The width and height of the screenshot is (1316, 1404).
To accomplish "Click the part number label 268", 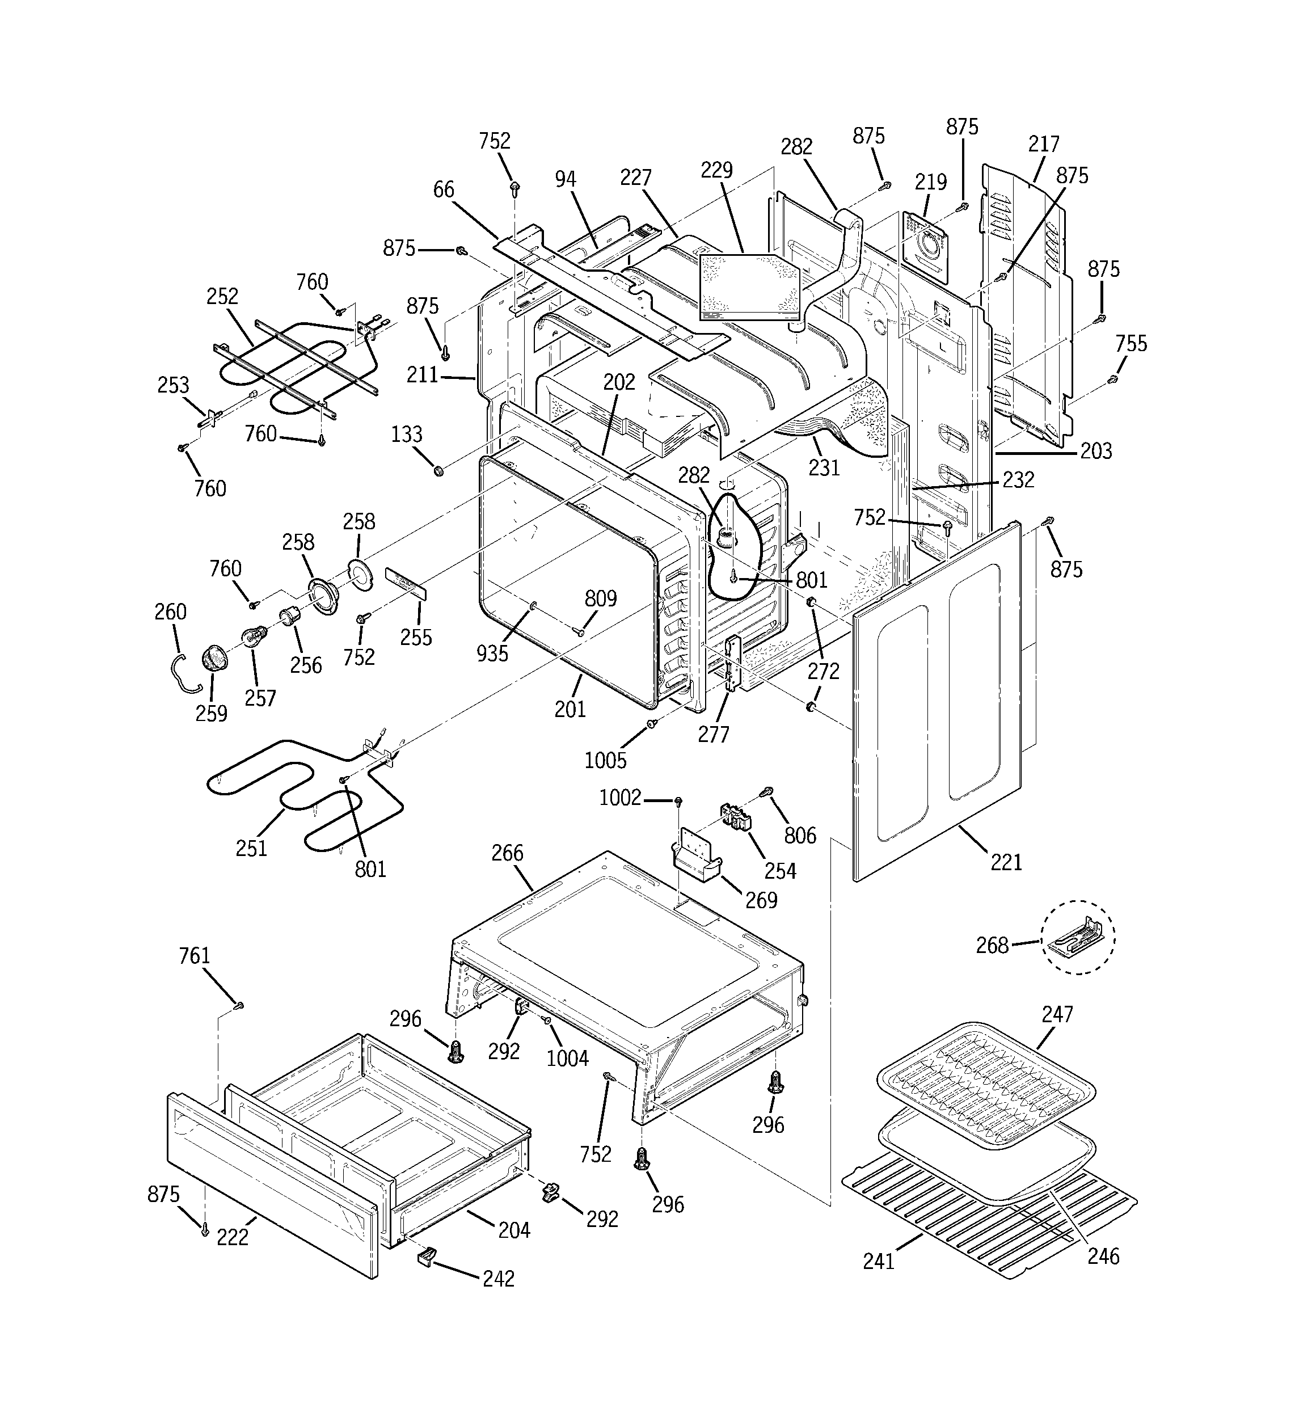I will tap(992, 945).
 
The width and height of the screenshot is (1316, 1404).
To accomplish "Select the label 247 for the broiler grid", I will tap(1057, 1014).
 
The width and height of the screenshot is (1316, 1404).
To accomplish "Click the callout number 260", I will tap(170, 612).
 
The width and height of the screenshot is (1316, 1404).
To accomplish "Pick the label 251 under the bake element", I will tap(251, 848).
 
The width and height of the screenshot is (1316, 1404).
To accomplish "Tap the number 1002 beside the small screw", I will tap(619, 798).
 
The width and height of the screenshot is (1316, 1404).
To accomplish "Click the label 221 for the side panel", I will tap(1006, 862).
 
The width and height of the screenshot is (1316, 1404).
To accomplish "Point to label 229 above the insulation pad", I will tap(716, 170).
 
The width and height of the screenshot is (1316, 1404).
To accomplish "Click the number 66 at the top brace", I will tap(444, 190).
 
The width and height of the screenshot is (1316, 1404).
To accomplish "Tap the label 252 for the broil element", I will tap(222, 296).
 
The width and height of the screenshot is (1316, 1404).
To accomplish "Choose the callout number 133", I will tap(407, 435).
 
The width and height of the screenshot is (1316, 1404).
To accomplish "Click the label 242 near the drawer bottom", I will tap(498, 1278).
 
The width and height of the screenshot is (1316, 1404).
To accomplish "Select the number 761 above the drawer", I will tap(194, 956).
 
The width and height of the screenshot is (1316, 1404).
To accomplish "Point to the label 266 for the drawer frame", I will tap(507, 853).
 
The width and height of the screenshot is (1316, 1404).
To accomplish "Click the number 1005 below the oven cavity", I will tap(605, 761).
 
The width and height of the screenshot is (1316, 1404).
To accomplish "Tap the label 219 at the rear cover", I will tap(930, 182).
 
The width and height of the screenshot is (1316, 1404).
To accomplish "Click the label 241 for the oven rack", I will tap(879, 1260).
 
